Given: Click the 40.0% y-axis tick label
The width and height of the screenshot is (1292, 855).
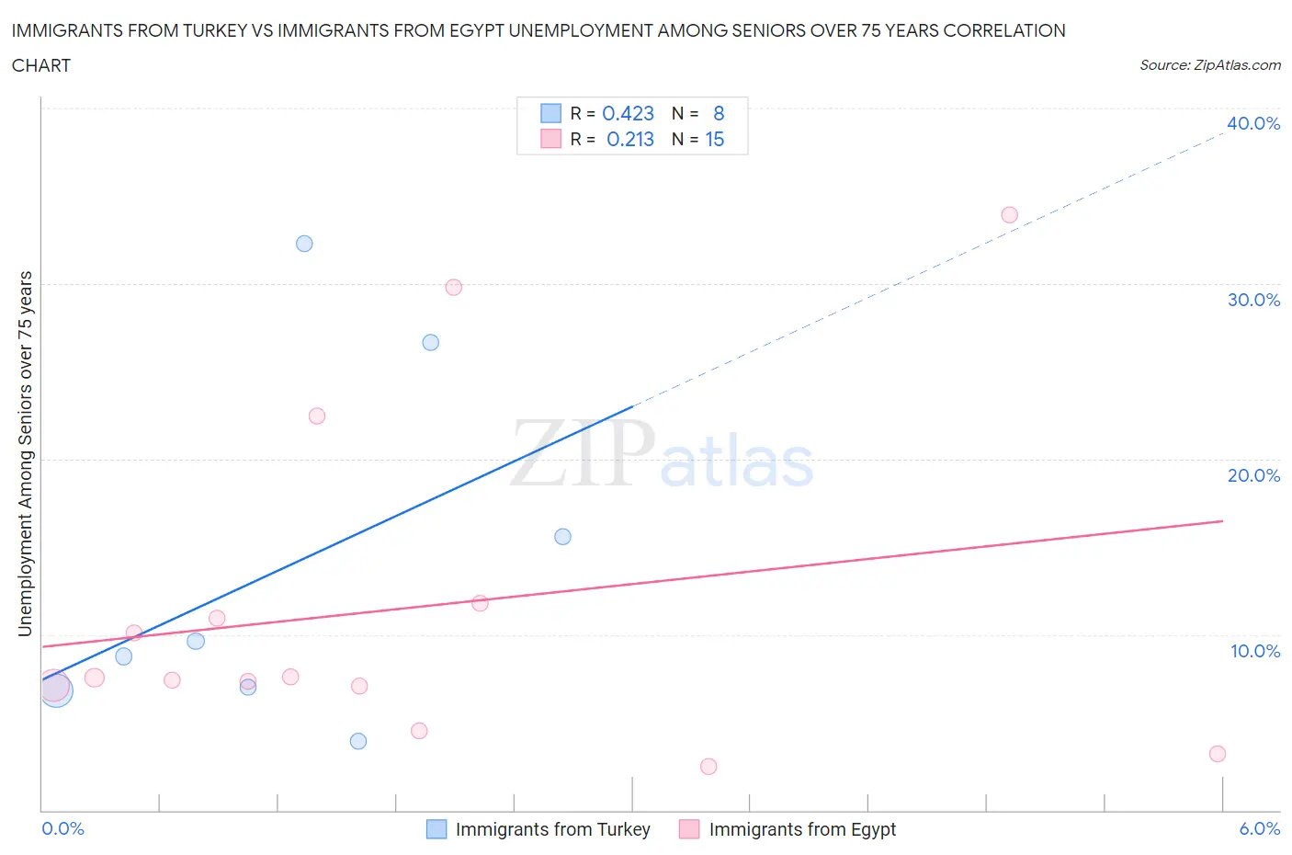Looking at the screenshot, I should tap(1252, 123).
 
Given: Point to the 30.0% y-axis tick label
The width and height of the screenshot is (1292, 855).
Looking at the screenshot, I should tap(1253, 300).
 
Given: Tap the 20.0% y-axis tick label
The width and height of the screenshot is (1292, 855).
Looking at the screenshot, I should tap(1253, 475).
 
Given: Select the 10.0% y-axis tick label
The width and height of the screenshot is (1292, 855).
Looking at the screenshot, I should tap(1254, 651).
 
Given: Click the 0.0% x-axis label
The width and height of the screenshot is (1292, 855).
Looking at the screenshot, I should tap(62, 828).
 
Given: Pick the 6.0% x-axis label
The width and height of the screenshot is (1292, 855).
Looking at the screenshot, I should tap(1259, 828).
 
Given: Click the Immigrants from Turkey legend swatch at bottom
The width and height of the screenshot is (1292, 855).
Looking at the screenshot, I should tap(436, 829).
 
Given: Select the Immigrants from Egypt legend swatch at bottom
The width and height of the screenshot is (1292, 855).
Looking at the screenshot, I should tap(689, 829).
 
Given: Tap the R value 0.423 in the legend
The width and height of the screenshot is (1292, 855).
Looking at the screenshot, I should tap(628, 113).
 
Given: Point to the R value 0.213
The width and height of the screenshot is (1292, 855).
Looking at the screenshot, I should tap(630, 139).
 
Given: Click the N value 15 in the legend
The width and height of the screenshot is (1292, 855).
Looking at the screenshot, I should tap(714, 139).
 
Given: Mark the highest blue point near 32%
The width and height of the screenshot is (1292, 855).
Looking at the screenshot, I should tap(304, 244).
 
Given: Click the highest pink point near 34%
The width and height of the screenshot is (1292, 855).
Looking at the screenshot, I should tap(1009, 215).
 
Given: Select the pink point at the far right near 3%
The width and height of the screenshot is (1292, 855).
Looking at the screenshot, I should tap(1217, 754).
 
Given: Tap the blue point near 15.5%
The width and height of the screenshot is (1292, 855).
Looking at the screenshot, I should tap(562, 537).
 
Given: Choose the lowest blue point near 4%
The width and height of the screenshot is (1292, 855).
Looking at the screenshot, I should tap(358, 741).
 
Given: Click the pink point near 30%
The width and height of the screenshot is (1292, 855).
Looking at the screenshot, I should tap(453, 287).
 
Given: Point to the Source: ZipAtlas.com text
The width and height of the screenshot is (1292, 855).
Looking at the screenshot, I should tap(1209, 65).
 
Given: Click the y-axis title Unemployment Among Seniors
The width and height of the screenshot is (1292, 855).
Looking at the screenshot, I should tap(25, 453).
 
